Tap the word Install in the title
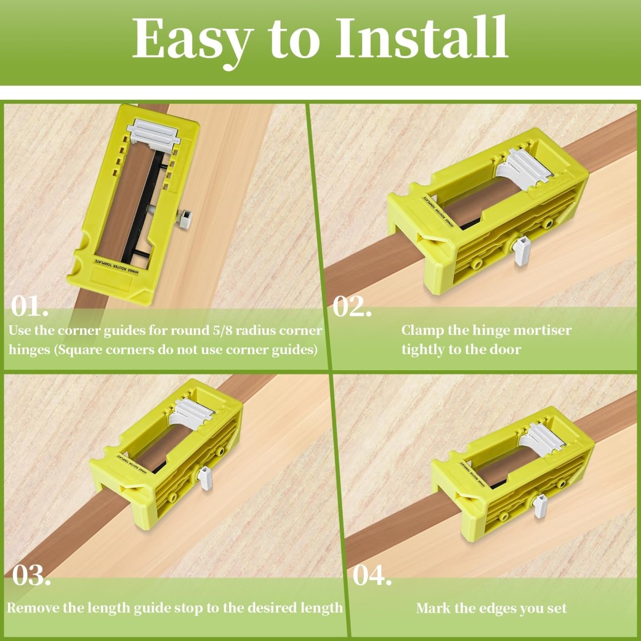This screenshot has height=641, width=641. point(421,38)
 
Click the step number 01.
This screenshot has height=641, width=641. point(30,307)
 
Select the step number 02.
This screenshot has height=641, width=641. point(352,307)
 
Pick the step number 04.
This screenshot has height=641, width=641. point(372,576)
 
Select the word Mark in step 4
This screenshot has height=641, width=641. point(431,608)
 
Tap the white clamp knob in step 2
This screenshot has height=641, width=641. point(521,250)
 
